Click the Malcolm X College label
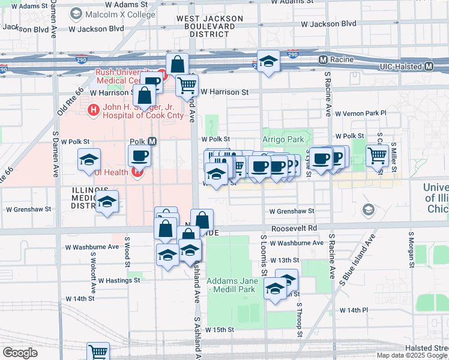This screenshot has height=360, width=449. (x=112, y=13)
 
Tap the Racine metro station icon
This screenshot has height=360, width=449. (x=323, y=59)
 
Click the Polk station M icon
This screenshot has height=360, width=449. (x=152, y=142)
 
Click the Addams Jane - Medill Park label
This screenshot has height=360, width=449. (x=231, y=285)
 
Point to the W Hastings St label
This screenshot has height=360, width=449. (x=119, y=280)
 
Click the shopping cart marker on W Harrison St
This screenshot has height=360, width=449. (x=187, y=86)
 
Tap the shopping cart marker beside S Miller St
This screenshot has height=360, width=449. (x=377, y=155)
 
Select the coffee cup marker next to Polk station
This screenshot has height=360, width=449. (x=139, y=156)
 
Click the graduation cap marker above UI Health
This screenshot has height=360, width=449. (x=89, y=160)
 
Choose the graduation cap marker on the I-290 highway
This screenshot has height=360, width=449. (x=268, y=61)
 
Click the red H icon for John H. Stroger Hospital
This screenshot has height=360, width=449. (x=93, y=110)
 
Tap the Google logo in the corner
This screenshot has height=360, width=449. (x=20, y=353)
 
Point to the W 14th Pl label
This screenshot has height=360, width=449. (x=354, y=310)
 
